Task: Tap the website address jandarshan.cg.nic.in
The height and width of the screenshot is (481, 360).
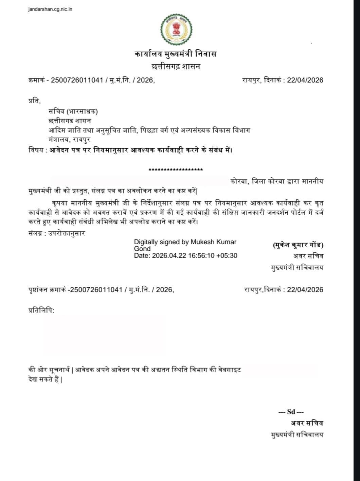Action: coord(50,9)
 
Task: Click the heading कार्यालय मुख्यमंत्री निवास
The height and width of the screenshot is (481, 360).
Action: coord(175,54)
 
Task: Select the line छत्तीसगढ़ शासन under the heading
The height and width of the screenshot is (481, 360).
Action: coord(175,66)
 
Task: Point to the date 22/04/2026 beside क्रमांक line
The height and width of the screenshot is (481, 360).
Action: coord(305,80)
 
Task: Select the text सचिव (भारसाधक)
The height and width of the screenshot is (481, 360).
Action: coord(73,111)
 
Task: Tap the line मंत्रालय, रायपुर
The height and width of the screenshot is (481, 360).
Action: coord(69,139)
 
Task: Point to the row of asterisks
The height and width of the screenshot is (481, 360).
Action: coord(176,170)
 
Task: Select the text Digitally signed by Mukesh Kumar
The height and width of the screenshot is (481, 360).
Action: coord(185,242)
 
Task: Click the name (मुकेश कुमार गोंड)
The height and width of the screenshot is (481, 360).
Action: coord(298,245)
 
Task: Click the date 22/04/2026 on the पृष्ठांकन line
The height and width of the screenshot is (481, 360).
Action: coord(305,290)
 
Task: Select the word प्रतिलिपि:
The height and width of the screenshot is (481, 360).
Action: coord(41,310)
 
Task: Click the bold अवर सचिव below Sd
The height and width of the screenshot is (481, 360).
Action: coord(306,423)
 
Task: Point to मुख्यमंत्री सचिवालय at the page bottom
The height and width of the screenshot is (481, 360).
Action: coord(297,434)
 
